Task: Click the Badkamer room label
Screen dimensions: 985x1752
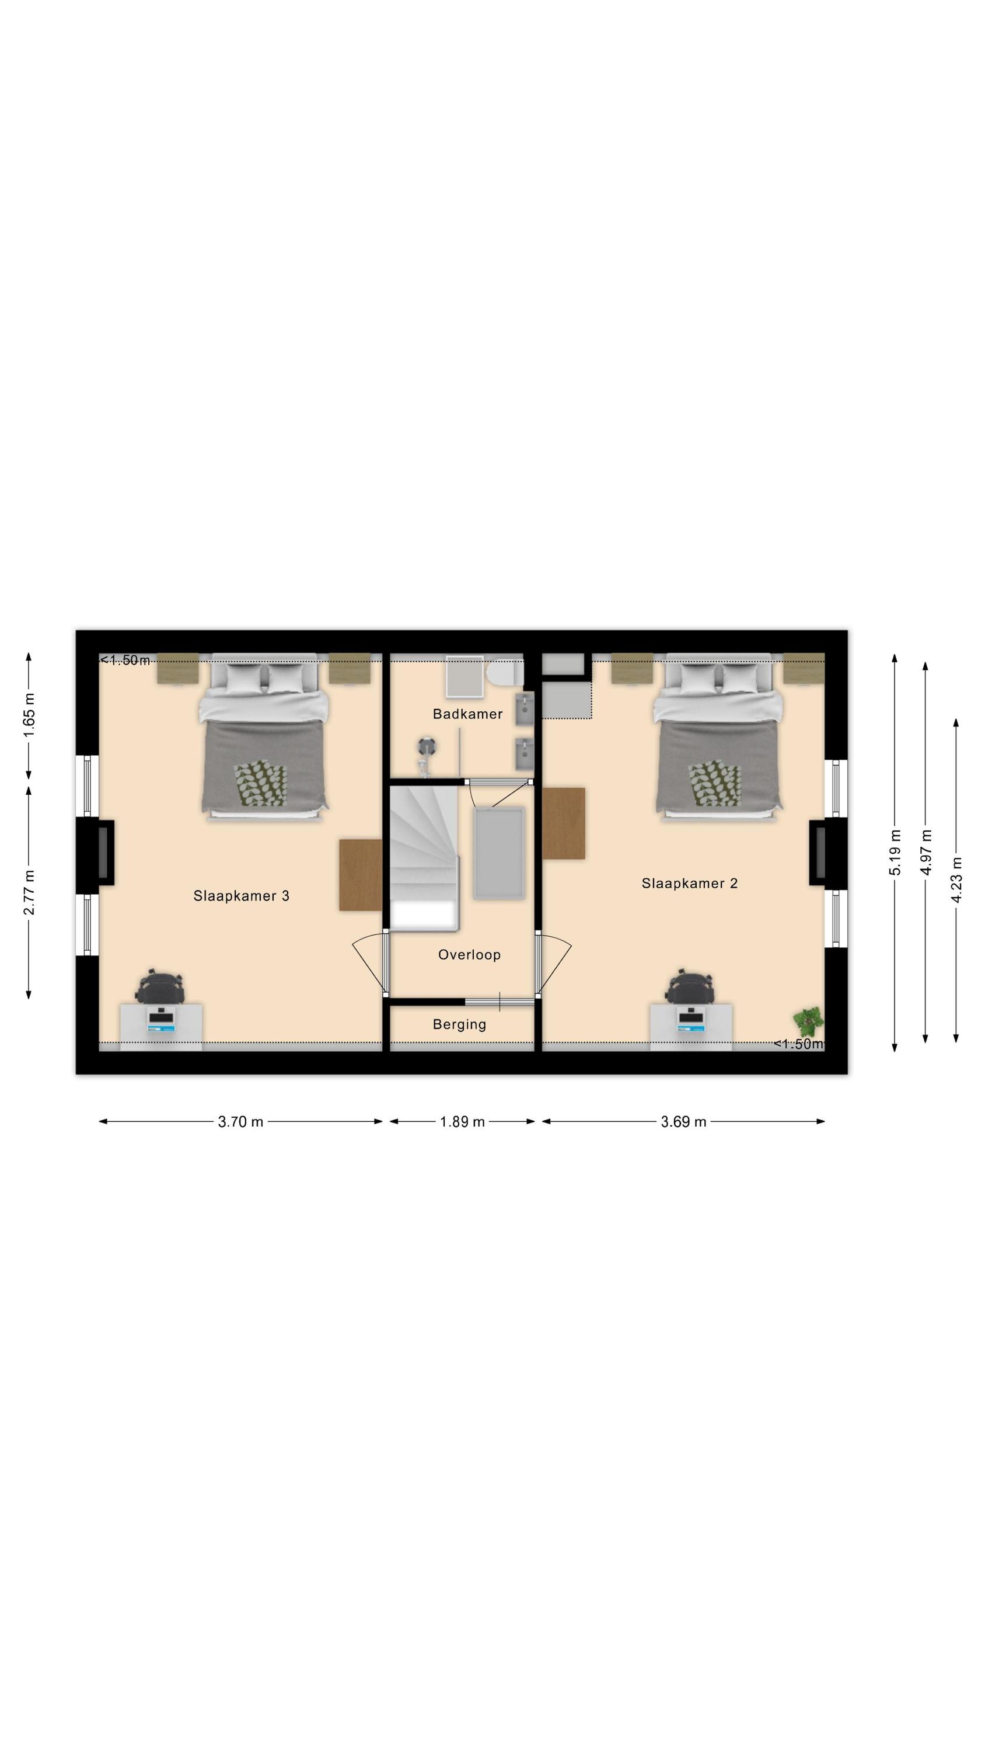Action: [x=467, y=714]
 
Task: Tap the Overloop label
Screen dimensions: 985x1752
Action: [x=469, y=954]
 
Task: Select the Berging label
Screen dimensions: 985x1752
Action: [x=460, y=1024]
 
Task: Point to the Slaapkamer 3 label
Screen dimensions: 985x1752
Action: [x=242, y=896]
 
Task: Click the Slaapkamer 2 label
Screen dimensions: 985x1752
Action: [x=689, y=883]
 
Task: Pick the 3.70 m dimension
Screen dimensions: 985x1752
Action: [x=240, y=1121]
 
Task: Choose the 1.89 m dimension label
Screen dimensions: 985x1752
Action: [x=462, y=1121]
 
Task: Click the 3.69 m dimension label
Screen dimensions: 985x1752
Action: [x=683, y=1121]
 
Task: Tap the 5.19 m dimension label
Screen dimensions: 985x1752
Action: [x=895, y=852]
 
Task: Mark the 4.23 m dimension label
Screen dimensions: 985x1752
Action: [x=956, y=880]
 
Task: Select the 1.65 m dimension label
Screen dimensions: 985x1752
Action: [x=29, y=715]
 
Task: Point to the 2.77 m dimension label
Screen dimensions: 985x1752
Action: [x=29, y=892]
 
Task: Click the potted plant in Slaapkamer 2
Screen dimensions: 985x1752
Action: [x=808, y=1021]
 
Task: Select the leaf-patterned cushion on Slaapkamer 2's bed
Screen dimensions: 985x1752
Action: [x=714, y=784]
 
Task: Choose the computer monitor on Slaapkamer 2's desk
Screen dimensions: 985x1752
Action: [x=691, y=1017]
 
